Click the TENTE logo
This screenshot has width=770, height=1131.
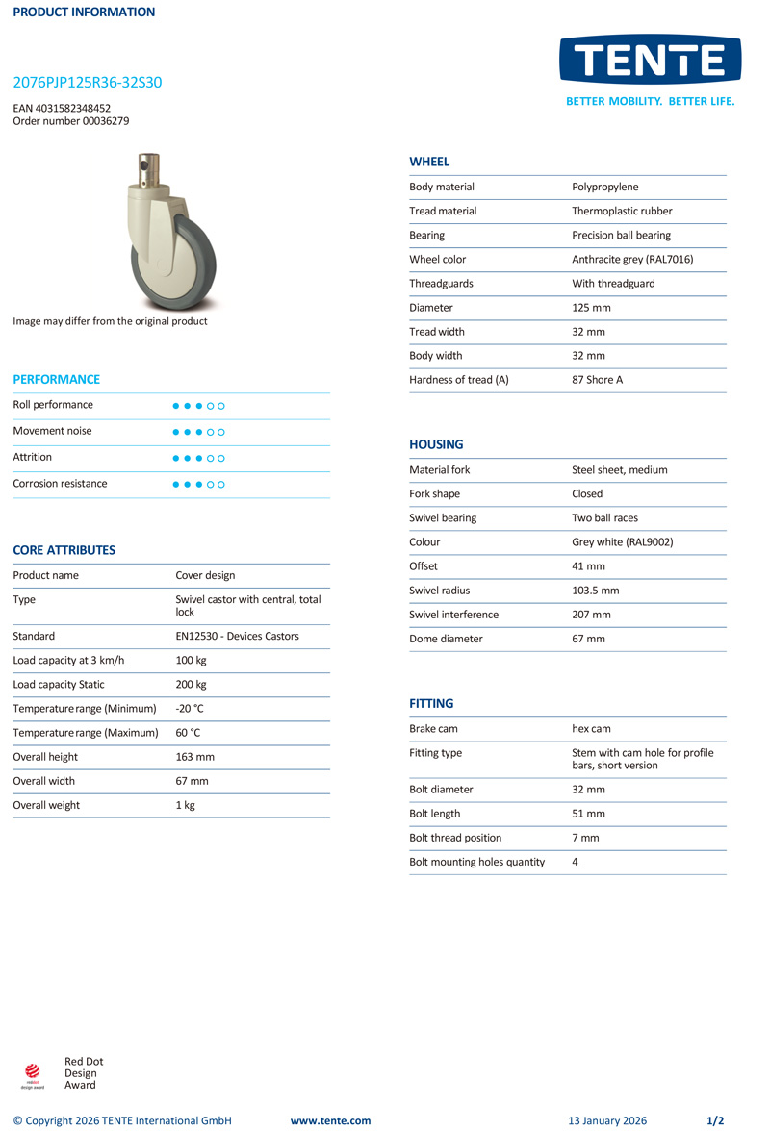coord(650,61)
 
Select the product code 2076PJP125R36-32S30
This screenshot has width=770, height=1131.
coord(88,83)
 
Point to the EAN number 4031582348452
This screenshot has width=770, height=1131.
coord(62,109)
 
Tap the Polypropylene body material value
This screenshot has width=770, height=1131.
coord(604,187)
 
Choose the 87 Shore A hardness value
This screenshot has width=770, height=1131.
coord(597,380)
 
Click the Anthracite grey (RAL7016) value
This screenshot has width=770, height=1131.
coord(632,260)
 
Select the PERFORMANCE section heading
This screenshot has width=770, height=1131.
coord(56,379)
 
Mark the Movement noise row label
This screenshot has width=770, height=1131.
coord(52,431)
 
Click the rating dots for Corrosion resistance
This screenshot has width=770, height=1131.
coord(198,484)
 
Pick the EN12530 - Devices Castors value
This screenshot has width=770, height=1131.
coord(237,636)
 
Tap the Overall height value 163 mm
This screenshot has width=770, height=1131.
coord(194,757)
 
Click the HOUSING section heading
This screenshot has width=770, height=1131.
coord(436,444)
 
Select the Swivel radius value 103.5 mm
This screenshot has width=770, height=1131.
coord(596,591)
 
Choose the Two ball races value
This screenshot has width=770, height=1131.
coord(604,518)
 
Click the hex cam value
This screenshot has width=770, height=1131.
coord(591,729)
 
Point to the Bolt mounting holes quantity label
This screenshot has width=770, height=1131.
coord(476,862)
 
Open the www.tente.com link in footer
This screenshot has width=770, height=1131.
coord(330,1120)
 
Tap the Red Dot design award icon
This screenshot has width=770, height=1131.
coord(33,1073)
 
